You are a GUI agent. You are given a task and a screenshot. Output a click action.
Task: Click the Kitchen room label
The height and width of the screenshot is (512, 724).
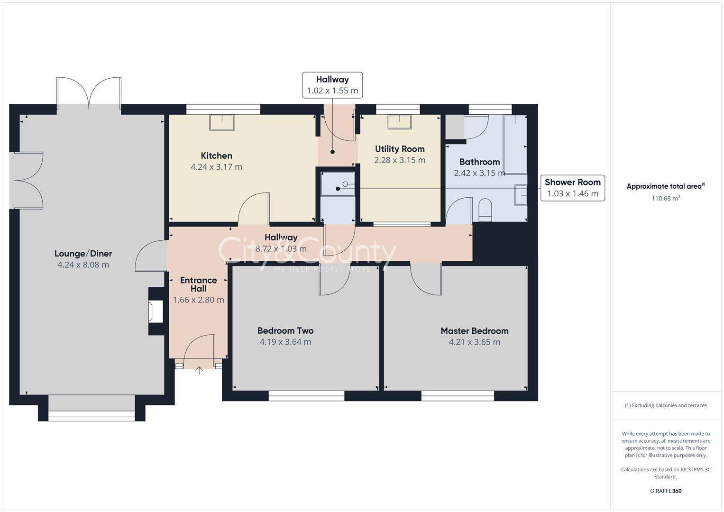point(216,156)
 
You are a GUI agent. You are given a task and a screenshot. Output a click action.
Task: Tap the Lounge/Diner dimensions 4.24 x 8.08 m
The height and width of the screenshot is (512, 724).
point(83,265)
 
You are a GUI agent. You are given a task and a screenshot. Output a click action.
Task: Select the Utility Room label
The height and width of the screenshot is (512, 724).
point(400,149)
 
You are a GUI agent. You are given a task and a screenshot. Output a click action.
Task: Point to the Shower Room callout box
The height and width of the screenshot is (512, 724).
point(573,188)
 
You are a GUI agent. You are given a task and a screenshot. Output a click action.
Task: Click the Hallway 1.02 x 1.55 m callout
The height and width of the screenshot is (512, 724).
point(332,85)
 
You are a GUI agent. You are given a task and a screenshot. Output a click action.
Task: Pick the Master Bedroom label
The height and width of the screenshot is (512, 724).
point(475,331)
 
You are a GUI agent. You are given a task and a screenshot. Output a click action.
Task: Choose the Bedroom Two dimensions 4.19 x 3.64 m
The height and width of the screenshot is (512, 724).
point(285,342)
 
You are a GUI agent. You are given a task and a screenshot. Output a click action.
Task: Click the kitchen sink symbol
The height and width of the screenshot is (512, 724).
point(222,122)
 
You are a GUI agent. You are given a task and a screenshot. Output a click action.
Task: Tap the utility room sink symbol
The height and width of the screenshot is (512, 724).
point(400,122)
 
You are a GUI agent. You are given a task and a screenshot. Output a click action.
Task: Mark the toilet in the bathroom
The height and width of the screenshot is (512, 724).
point(485,210)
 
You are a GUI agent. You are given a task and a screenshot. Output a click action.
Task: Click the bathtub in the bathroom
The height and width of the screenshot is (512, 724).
point(515,145)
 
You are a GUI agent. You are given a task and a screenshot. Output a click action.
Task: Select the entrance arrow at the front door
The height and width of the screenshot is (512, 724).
point(199,370)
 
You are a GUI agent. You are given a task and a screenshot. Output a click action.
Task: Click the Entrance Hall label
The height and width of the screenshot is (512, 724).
point(199,284)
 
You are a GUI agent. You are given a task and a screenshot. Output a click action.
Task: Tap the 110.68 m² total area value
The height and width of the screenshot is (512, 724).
point(666,198)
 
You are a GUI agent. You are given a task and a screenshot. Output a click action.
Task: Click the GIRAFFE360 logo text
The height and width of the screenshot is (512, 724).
point(666,491)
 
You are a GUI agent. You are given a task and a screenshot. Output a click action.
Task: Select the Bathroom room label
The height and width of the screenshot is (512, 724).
point(480,162)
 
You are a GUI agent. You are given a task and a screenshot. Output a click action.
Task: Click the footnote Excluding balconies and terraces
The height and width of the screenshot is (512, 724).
point(666,405)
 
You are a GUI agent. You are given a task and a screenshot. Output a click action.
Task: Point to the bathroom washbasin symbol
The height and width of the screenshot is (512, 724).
point(521,195)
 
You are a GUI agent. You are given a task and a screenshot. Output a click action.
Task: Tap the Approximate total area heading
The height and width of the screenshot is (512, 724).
point(666,186)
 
